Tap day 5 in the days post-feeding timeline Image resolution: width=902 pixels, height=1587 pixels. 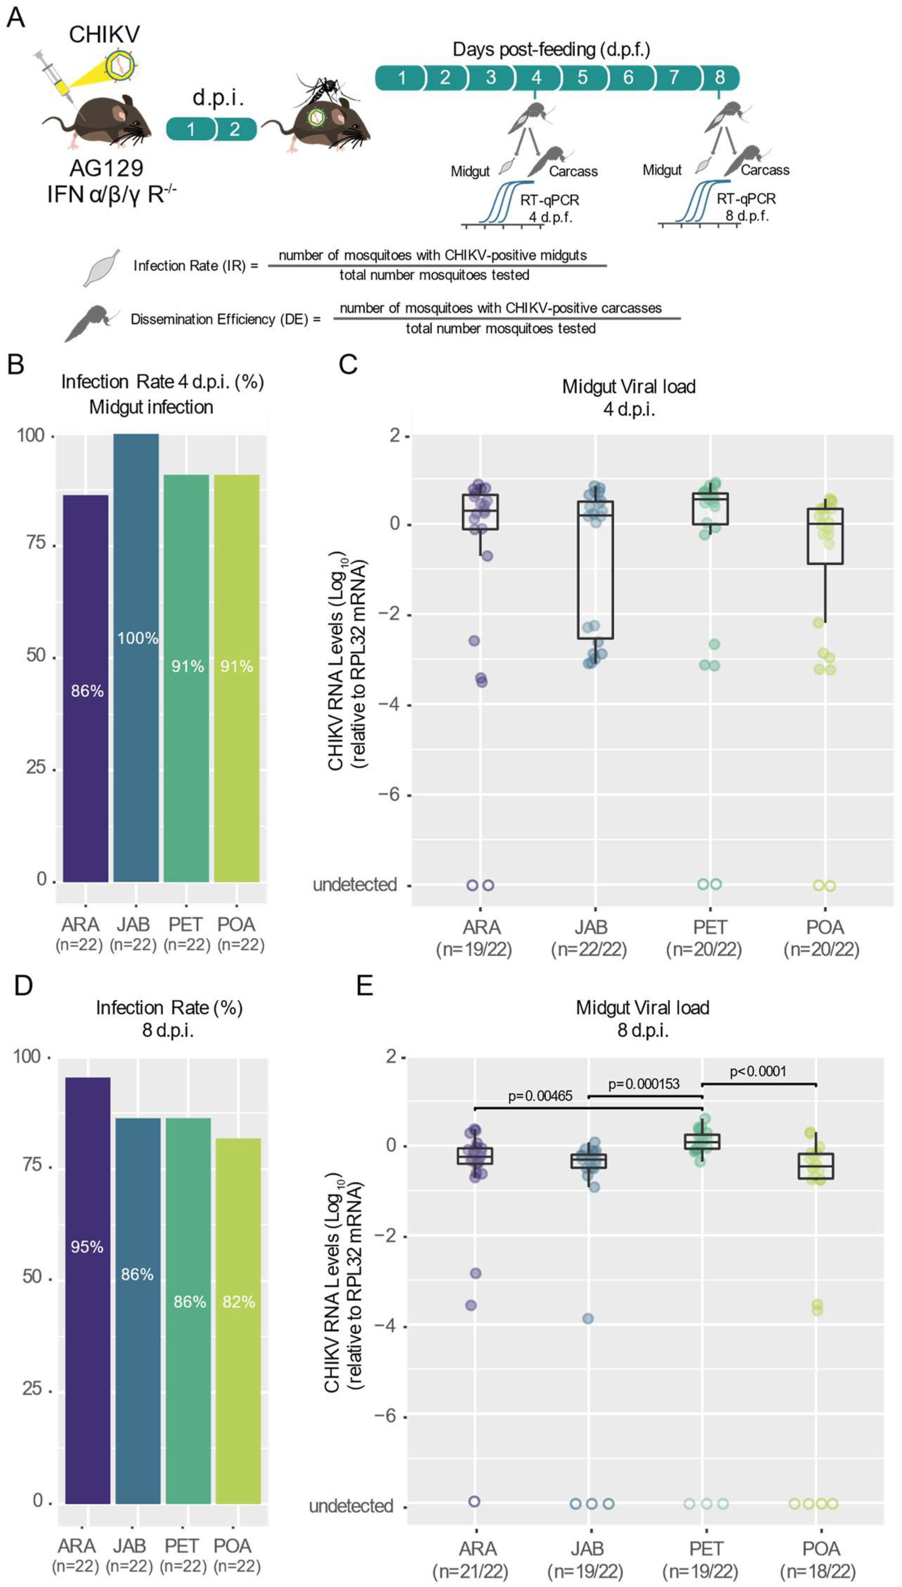point(582,77)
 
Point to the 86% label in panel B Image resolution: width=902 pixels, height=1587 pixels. point(87,691)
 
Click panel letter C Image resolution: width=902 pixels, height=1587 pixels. point(348,364)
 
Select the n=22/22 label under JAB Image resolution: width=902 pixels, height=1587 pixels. point(589,949)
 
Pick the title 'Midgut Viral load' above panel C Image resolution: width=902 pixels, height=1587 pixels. point(629,387)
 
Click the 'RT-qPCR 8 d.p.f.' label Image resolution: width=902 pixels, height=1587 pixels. point(746,207)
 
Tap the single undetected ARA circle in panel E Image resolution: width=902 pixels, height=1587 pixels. point(475,1501)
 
